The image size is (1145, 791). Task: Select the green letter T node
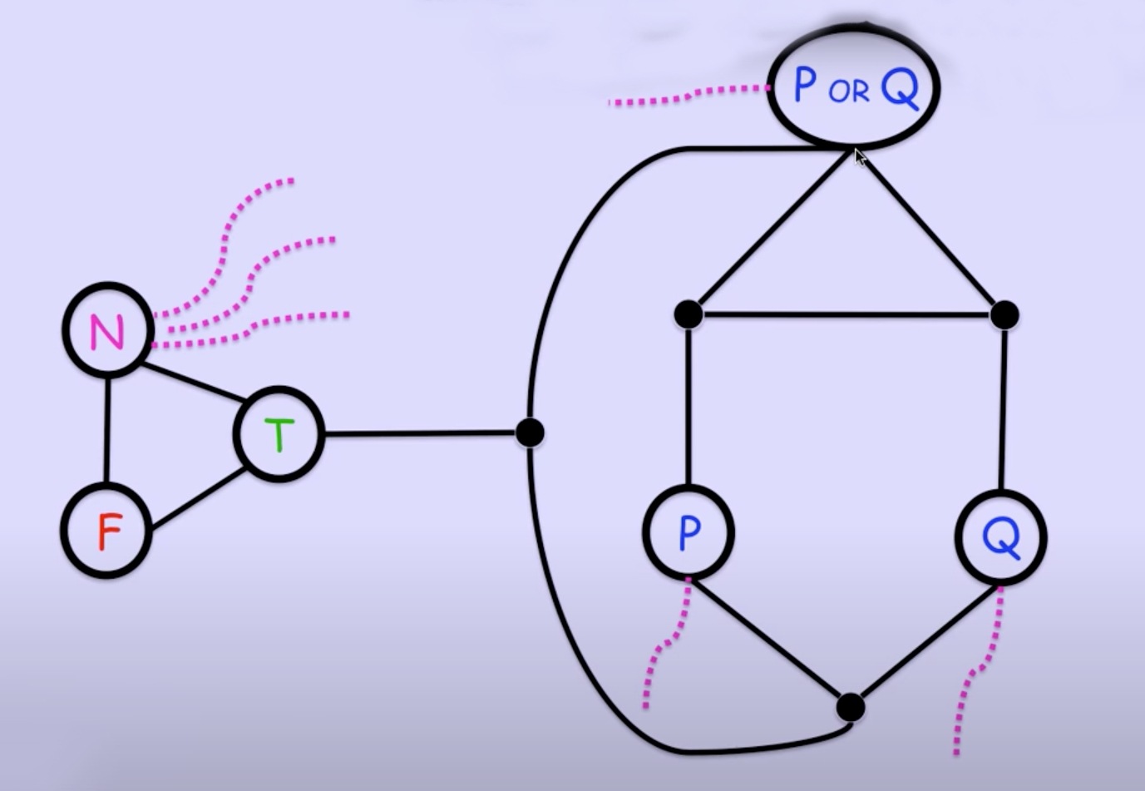pos(279,433)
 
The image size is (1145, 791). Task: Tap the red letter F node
pos(107,531)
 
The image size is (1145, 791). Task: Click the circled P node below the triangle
pos(688,532)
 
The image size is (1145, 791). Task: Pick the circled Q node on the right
pos(1001,537)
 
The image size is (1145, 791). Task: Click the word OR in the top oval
pos(848,91)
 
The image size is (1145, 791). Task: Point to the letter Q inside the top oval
pos(900,88)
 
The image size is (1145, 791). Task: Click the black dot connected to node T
pos(530,433)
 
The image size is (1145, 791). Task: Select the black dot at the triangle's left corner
pos(688,314)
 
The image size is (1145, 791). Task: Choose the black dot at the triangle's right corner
pos(1004,314)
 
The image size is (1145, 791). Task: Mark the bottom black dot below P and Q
pos(850,707)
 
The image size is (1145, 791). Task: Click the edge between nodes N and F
pos(107,430)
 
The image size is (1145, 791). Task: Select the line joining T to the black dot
pos(420,433)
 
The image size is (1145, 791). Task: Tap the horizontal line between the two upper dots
pos(846,314)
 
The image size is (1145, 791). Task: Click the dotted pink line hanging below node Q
pos(970,682)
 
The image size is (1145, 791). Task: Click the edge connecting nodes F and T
pos(198,499)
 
